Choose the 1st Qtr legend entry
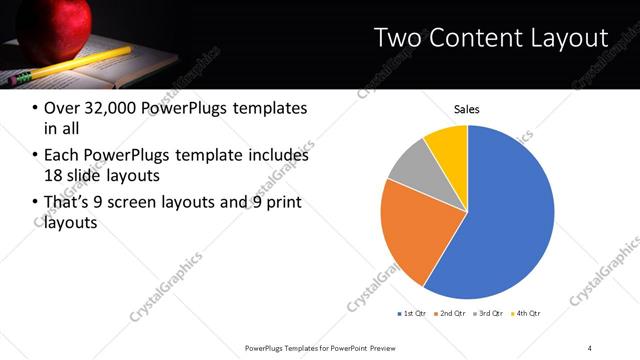(412, 313)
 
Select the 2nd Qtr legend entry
(451, 313)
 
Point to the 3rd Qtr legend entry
(490, 313)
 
